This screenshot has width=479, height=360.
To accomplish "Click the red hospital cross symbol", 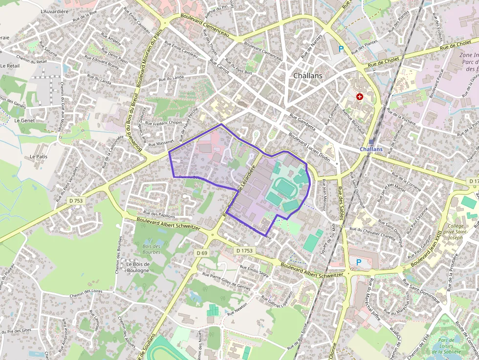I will click(360, 97).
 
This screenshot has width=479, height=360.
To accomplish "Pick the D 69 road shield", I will click(202, 253).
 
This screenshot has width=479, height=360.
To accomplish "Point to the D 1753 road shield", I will click(244, 250).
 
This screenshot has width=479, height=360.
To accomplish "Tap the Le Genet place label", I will click(24, 120).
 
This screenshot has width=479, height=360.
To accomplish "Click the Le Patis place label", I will click(38, 157).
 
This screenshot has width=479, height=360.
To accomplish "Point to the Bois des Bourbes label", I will click(152, 249).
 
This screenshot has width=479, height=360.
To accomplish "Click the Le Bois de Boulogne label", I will click(138, 267).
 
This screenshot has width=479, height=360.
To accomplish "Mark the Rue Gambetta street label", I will click(303, 121).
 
